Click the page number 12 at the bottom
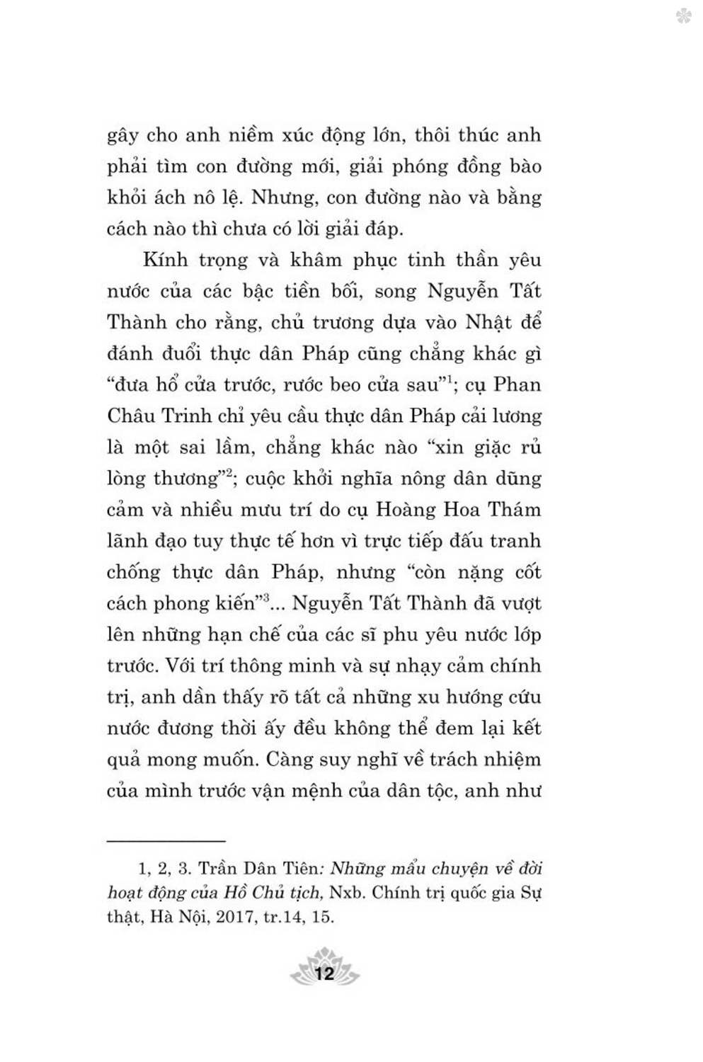(x=325, y=973)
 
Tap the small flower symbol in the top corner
(x=683, y=16)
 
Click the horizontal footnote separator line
(x=166, y=840)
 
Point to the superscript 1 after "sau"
(x=449, y=380)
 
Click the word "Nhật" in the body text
(x=488, y=322)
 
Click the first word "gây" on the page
(x=122, y=136)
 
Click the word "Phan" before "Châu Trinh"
(x=517, y=384)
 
